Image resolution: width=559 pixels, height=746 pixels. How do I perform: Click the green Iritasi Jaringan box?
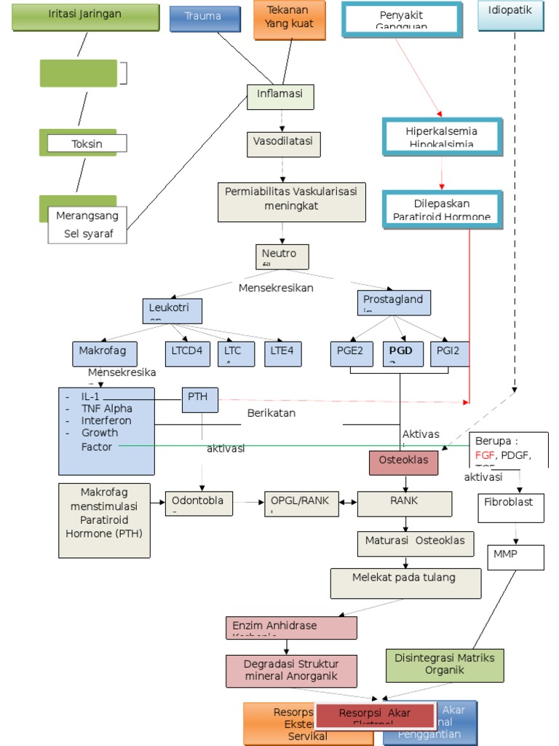(86, 17)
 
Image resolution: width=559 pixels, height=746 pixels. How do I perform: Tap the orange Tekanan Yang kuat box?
(288, 19)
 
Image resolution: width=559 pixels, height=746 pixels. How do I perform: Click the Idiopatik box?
(510, 15)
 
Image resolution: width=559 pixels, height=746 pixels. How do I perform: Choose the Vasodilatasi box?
(283, 144)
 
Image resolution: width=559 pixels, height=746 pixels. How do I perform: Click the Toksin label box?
(87, 144)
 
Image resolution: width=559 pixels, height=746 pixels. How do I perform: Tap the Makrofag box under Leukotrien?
(103, 353)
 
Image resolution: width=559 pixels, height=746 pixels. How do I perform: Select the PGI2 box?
(449, 353)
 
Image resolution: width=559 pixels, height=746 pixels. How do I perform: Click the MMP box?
(515, 556)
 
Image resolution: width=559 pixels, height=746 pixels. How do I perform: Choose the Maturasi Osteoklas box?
(415, 543)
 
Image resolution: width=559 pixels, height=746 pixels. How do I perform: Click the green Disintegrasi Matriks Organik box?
(444, 664)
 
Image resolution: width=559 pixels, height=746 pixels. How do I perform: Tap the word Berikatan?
(271, 413)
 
